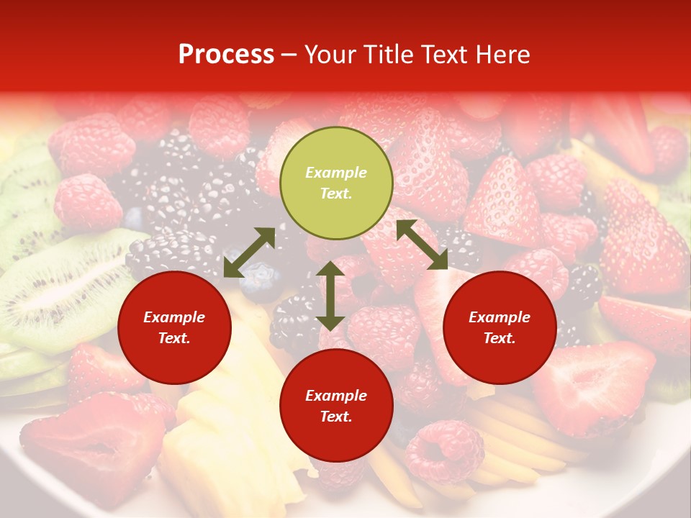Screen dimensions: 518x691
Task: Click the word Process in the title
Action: pos(226,55)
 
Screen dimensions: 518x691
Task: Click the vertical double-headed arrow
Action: pos(330,296)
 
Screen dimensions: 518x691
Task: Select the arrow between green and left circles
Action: pos(249,253)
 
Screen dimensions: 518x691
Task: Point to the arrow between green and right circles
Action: pos(422,245)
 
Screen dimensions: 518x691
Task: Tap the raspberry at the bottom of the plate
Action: pos(443,450)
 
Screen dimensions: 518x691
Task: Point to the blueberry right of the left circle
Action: pos(259,285)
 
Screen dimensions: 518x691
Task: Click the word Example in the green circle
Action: pos(336,173)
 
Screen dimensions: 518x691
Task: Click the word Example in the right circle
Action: pos(500,317)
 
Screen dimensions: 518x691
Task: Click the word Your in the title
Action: pos(329,55)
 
